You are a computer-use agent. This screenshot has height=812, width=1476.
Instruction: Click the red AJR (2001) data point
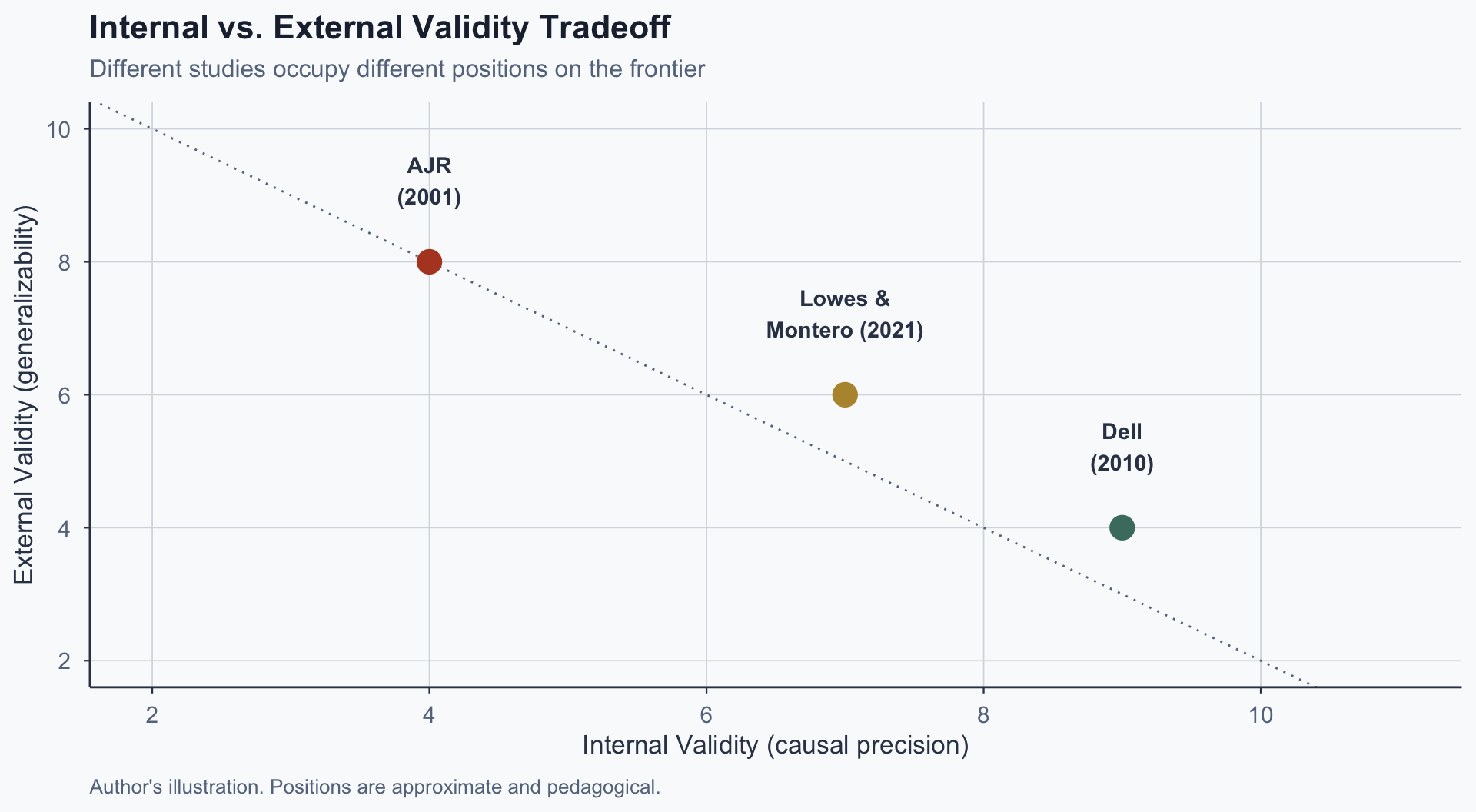pos(429,261)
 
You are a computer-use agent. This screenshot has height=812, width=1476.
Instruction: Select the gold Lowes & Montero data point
pos(845,394)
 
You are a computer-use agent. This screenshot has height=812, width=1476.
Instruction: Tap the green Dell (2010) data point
pos(1122,527)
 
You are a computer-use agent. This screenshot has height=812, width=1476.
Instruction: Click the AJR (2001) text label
pos(429,181)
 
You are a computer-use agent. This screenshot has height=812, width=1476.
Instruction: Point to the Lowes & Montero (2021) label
pos(845,314)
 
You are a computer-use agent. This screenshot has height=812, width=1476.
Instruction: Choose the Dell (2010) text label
pos(1122,448)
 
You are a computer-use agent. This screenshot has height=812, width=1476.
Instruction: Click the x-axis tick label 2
pos(152,715)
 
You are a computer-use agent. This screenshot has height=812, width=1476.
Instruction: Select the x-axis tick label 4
pos(429,715)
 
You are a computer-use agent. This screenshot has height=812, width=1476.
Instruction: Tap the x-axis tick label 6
pos(706,715)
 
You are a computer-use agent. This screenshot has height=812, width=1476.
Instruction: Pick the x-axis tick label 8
pos(983,715)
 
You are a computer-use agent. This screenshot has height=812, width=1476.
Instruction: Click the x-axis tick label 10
pos(1260,715)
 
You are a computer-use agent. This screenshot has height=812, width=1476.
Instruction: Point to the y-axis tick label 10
pos(58,129)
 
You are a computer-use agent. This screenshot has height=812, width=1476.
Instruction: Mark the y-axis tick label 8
pos(65,262)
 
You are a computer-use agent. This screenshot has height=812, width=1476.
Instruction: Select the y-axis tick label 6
pos(65,395)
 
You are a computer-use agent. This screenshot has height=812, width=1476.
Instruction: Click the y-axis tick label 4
pos(65,528)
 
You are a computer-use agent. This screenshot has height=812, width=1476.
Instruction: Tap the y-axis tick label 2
pos(65,661)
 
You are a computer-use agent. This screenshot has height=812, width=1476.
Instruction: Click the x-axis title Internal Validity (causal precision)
pos(775,746)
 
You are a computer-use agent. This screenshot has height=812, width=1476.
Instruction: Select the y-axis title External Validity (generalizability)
pos(25,394)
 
